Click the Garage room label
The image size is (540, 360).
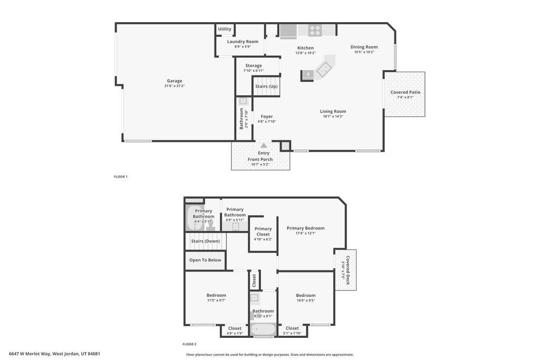(x=175, y=81)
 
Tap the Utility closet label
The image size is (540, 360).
(x=225, y=29)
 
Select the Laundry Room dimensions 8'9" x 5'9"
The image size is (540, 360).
(x=243, y=46)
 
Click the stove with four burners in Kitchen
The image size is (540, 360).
(x=315, y=31)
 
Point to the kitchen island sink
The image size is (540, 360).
(x=324, y=68)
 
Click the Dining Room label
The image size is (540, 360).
(x=364, y=47)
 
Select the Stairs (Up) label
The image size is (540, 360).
(x=266, y=86)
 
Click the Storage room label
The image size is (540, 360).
(x=253, y=66)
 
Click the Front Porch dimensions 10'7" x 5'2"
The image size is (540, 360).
(x=260, y=164)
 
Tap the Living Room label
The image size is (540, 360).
(x=333, y=111)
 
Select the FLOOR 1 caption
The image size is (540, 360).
(x=121, y=177)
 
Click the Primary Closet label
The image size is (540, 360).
(x=263, y=231)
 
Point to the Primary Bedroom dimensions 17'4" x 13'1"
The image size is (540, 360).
(x=305, y=233)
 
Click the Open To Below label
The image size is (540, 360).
(x=205, y=260)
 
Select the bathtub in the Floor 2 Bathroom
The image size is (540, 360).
(x=263, y=329)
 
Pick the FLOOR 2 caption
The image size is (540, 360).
(x=189, y=344)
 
